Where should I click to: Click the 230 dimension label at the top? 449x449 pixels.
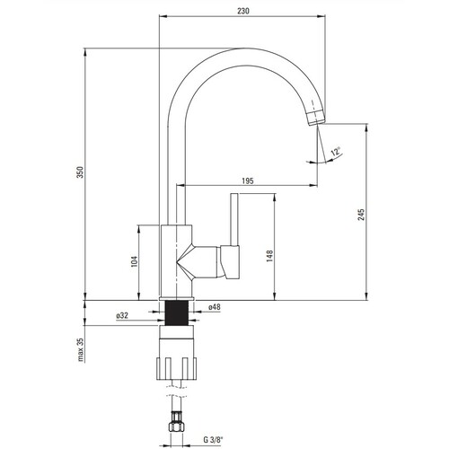coord(242,11)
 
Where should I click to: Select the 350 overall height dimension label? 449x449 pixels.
coord(81,172)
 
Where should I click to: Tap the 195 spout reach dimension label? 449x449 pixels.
coord(248,180)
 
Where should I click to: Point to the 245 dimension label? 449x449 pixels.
coord(361,215)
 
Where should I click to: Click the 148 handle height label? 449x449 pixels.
coord(269,256)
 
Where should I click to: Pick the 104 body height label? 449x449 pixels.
coord(134,261)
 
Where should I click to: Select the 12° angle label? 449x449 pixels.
coord(336,151)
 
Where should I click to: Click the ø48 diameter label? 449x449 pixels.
coord(215,307)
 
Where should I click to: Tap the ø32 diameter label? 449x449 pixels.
coord(122,315)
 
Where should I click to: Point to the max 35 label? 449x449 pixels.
coord(81,349)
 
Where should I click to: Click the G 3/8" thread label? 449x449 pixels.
coord(214,440)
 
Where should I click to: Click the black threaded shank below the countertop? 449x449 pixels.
coord(177,313)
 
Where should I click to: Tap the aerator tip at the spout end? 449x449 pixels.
coord(316,117)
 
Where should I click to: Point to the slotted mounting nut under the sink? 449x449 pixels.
coord(177,368)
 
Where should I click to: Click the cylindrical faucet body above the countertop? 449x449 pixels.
coord(176,260)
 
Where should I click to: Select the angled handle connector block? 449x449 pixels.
coord(230,262)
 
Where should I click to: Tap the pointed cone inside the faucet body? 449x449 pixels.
coord(186,262)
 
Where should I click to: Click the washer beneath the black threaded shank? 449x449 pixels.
coord(177,331)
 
